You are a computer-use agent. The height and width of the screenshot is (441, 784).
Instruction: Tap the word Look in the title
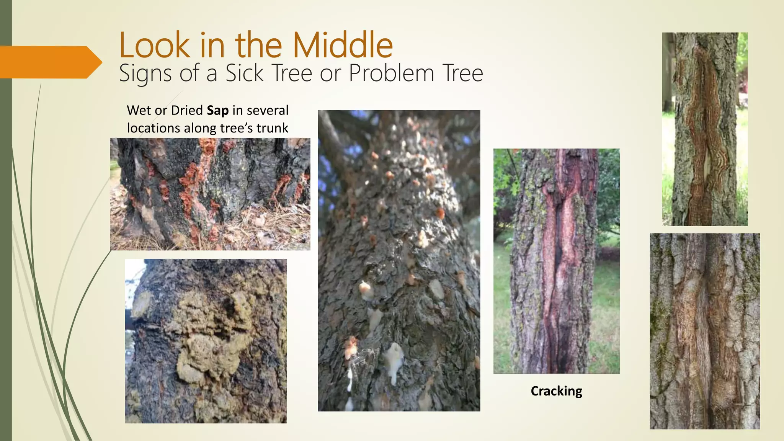tap(154, 45)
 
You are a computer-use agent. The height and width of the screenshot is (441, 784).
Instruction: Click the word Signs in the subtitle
tap(145, 73)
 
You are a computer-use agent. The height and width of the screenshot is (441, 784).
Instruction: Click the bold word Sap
tap(217, 110)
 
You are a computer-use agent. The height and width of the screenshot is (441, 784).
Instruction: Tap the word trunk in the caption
tap(272, 128)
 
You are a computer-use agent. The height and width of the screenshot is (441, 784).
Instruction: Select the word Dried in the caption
tap(187, 110)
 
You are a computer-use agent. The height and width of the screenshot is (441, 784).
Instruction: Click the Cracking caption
tap(556, 391)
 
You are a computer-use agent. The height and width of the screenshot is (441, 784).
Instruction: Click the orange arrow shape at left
tap(50, 62)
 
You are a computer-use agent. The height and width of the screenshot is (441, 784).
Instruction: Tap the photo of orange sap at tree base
tap(210, 194)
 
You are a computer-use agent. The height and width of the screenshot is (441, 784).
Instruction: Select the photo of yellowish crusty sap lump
tap(206, 341)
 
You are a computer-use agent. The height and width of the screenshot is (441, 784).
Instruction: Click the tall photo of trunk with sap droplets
tap(399, 260)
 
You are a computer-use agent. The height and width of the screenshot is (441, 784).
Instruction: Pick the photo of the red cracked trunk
tap(556, 261)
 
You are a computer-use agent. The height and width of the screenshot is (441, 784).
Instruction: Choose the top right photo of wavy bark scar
tap(705, 129)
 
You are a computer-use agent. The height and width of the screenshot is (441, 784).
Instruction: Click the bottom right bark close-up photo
tap(705, 331)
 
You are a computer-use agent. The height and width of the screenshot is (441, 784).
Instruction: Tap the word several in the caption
tap(268, 110)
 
